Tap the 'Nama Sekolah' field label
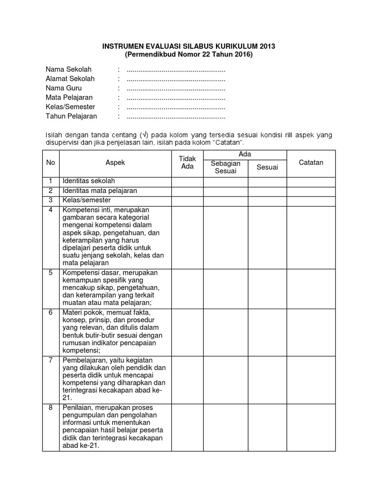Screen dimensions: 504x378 [x=69, y=69]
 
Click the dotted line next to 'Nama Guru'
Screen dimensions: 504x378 [x=176, y=88]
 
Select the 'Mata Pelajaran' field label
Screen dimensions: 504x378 [x=69, y=97]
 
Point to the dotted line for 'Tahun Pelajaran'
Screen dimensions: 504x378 [x=176, y=117]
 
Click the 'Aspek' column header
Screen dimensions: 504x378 [x=115, y=163]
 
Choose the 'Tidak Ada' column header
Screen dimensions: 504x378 [x=187, y=163]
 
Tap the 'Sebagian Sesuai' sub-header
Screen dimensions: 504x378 [x=225, y=167]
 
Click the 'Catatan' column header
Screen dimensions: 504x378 [x=311, y=163]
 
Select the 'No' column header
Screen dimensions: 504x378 [x=51, y=163]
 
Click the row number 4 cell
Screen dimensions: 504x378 [x=51, y=211]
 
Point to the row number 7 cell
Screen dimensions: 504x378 [x=51, y=360]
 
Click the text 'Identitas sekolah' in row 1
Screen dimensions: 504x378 [x=89, y=182]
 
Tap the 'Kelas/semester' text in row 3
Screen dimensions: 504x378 [x=86, y=200]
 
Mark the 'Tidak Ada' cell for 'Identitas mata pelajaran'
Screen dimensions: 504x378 [x=187, y=191]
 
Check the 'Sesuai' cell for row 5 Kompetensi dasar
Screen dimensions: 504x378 [x=267, y=288]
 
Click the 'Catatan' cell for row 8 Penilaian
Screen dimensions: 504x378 [x=311, y=427]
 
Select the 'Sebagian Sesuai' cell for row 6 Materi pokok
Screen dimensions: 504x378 [x=225, y=332]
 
